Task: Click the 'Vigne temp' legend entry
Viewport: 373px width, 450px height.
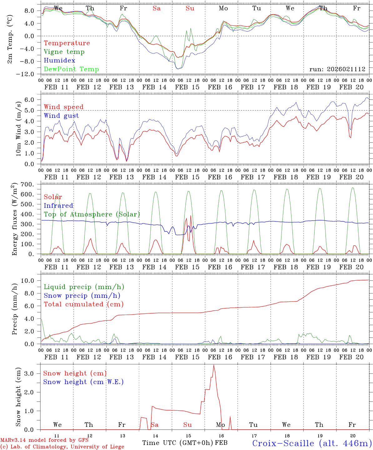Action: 64,52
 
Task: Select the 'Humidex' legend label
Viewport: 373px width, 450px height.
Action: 59,61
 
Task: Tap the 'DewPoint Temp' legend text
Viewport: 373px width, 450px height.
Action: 71,69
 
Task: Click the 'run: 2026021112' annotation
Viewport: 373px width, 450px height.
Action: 337,69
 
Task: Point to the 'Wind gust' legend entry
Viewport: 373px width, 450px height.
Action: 61,116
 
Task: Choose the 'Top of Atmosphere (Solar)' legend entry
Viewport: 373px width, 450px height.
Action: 92,214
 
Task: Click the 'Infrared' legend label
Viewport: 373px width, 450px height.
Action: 58,206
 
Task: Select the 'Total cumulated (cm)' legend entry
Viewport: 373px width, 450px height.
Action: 83,304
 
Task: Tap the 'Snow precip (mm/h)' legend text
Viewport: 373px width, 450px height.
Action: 82,296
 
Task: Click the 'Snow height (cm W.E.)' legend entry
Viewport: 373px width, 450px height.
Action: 83,382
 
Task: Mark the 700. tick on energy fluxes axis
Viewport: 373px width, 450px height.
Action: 27,184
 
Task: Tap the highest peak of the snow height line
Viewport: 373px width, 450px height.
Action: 214,365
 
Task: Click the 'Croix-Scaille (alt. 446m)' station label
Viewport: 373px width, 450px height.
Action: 312,443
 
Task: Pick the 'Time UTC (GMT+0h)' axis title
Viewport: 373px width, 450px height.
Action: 178,443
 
